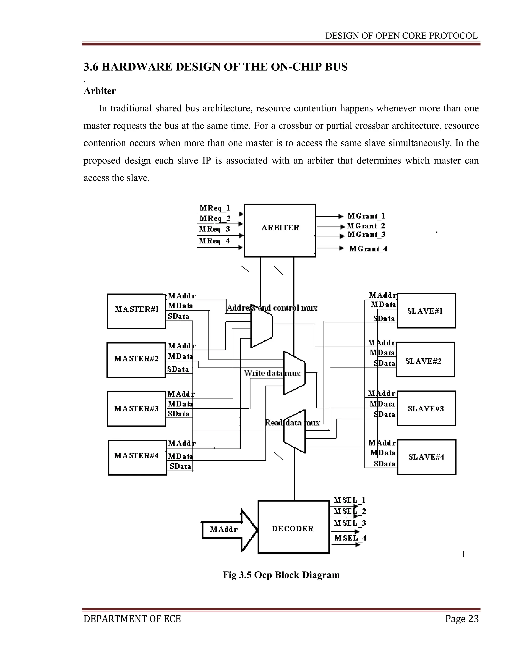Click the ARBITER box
click(x=280, y=230)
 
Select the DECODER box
click(x=293, y=528)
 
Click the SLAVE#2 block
click(x=425, y=361)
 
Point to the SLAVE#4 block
click(x=426, y=457)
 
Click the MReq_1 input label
click(x=214, y=208)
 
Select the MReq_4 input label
click(x=214, y=241)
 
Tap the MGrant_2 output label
click(x=366, y=226)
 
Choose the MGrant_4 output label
click(x=368, y=249)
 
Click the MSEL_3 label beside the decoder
click(x=350, y=523)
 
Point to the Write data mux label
click(x=272, y=373)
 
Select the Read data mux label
click(x=292, y=423)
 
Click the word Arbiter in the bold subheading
click(x=100, y=91)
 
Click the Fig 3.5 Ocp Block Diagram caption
click(x=281, y=575)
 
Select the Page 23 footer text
click(x=462, y=619)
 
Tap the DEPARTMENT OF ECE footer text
click(x=132, y=619)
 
